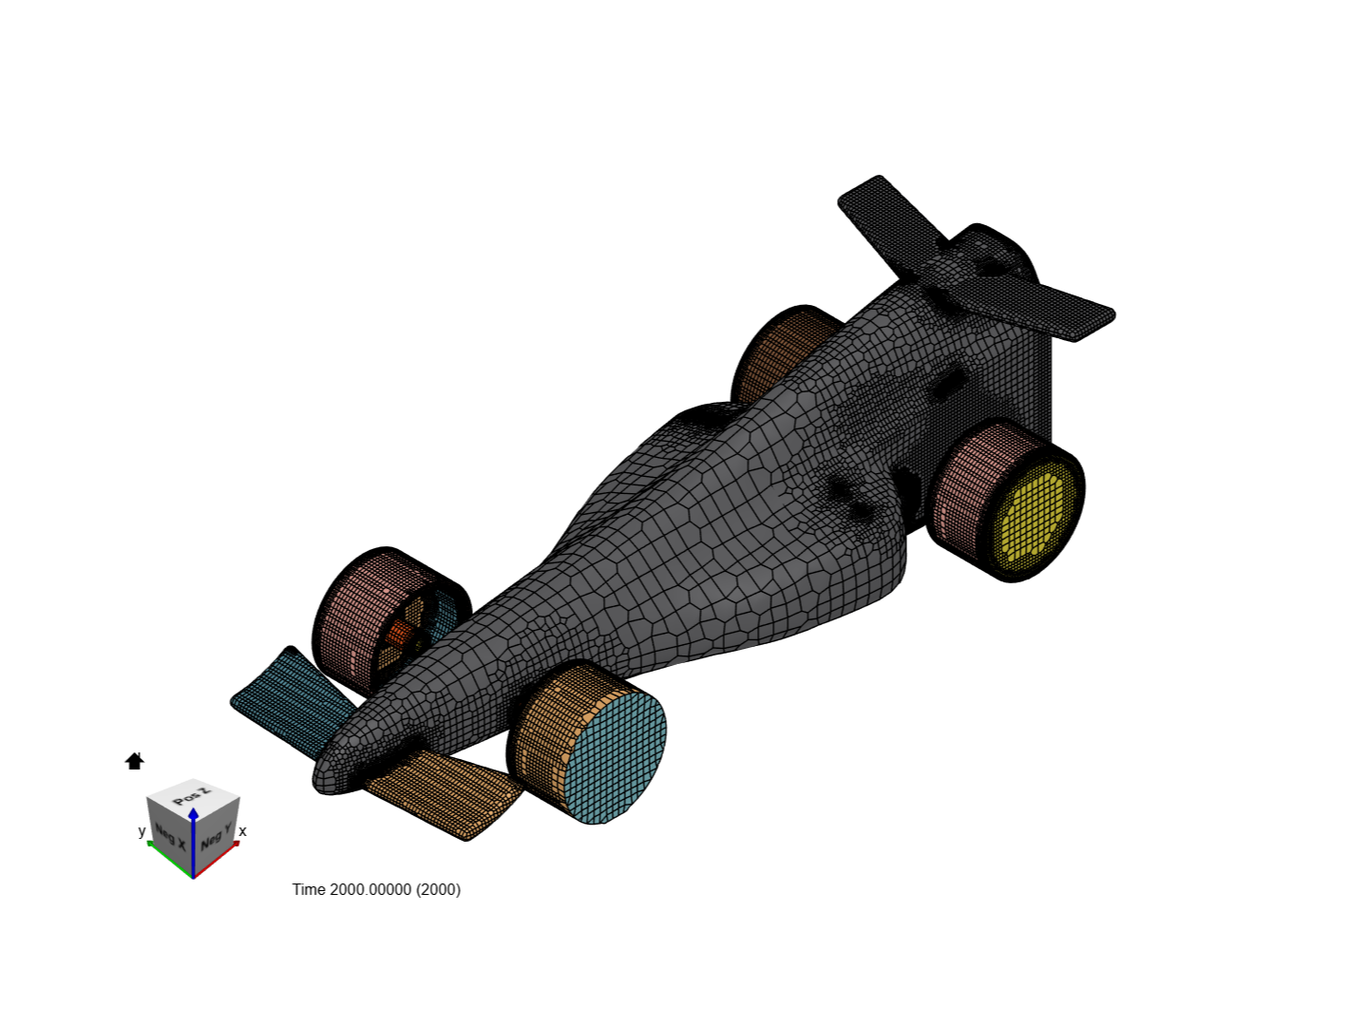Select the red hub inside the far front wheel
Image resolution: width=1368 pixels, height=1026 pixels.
pos(400,634)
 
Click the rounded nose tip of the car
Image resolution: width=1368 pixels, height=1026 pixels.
pos(328,774)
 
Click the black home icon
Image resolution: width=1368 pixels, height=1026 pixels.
pos(134,761)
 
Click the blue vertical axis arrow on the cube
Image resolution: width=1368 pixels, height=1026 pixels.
pos(193,836)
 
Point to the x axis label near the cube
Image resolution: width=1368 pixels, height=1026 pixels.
pos(243,831)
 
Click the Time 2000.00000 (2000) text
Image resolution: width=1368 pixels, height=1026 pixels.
pos(376,889)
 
